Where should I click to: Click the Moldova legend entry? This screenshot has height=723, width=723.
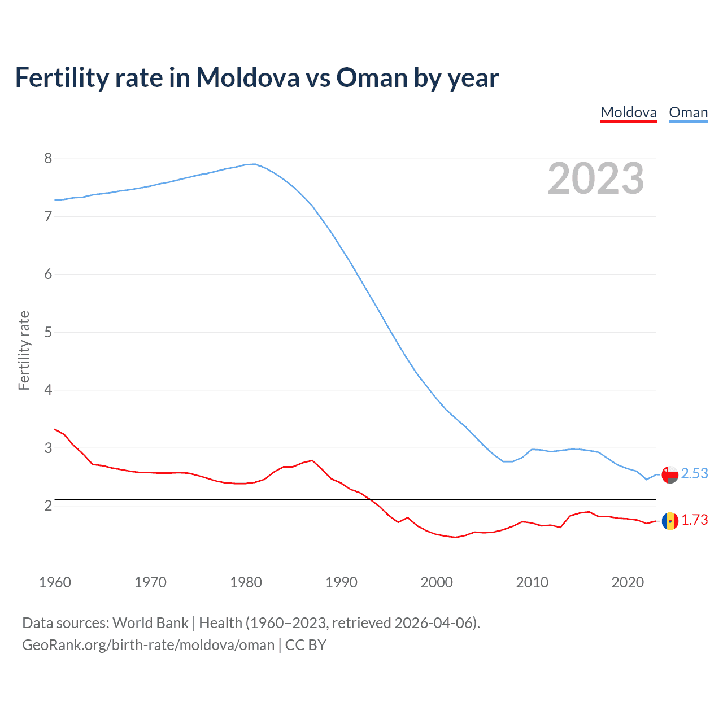629,112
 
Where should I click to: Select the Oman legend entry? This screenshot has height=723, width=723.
688,112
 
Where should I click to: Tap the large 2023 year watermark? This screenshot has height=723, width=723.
595,178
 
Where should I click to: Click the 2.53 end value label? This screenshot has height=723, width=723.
694,473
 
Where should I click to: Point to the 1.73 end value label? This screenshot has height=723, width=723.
694,520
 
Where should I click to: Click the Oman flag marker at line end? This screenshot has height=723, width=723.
670,474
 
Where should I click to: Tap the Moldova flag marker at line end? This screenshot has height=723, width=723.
670,520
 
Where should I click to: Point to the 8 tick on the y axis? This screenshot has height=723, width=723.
48,158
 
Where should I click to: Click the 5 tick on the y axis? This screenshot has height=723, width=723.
48,332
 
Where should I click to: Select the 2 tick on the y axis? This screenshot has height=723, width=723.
48,506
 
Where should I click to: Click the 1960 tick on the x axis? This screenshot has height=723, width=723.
55,582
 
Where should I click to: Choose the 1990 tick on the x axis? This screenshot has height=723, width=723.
341,582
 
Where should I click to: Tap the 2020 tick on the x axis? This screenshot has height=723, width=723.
628,582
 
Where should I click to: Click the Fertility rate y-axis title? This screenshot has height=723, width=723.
24,350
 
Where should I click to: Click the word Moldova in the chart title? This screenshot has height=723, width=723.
247,77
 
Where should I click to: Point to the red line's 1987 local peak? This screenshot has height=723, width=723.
312,460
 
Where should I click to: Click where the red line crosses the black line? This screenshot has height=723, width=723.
371,500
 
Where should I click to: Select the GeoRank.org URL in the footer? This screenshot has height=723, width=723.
148,645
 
